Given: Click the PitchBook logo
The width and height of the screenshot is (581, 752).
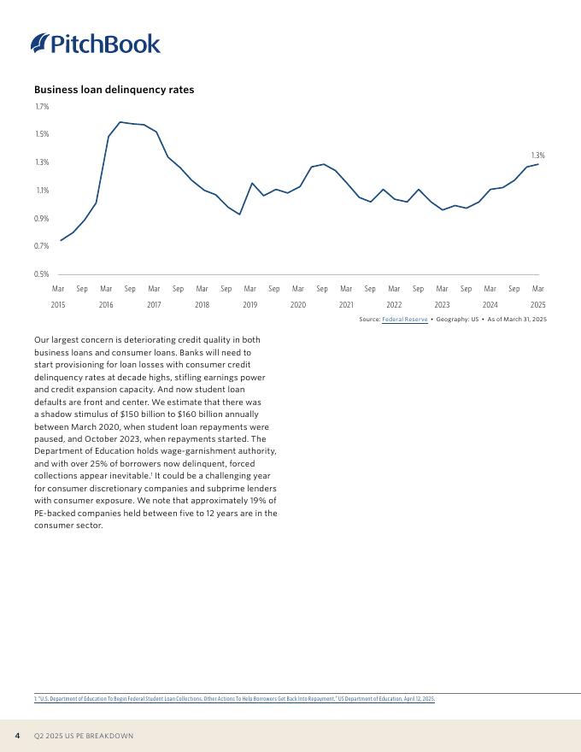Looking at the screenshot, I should [95, 44].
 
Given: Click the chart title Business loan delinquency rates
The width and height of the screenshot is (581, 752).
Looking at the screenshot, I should [114, 90].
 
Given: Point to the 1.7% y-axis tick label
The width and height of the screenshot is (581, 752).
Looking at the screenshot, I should [42, 107].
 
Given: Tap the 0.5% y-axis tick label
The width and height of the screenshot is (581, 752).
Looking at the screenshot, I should [42, 274].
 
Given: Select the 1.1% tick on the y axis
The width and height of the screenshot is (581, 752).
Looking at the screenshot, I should [42, 191].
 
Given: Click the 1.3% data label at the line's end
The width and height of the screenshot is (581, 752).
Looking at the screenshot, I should [537, 156].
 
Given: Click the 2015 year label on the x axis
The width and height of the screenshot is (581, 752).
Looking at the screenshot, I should [58, 304].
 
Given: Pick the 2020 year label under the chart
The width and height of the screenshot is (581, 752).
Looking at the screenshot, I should [298, 304].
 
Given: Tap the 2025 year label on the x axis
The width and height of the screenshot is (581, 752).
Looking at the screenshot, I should [538, 304].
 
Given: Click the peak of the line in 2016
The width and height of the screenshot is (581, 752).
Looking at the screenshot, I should [120, 122].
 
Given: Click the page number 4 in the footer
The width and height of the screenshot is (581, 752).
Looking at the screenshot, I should [17, 736].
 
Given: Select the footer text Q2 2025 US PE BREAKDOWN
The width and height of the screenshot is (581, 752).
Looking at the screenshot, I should [84, 736].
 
